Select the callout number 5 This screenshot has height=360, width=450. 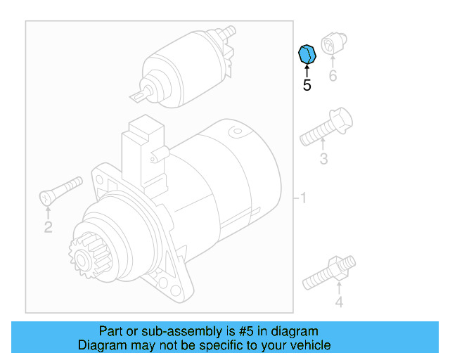307,86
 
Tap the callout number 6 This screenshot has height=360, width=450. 333,76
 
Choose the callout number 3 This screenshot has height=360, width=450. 323,160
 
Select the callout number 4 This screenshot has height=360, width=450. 339,303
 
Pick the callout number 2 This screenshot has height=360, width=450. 48,226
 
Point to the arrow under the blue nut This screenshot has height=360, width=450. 307,70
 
